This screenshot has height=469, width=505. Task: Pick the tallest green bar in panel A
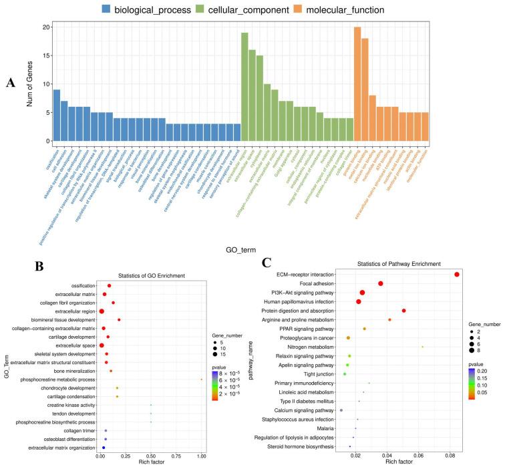pyautogui.click(x=244, y=87)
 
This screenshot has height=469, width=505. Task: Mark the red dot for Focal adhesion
pyautogui.click(x=381, y=284)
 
